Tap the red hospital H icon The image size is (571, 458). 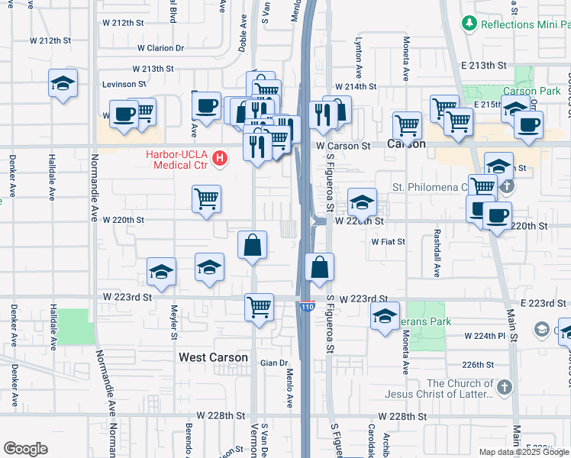point(221,159)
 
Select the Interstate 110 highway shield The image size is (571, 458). point(306,306)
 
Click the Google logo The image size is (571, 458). point(26,449)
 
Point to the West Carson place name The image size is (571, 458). point(213,357)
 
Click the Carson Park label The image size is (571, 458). point(532,91)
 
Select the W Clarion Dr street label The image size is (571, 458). point(158,47)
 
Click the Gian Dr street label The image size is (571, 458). point(273,363)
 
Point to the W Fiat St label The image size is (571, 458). point(388,241)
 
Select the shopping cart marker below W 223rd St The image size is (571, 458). point(260,308)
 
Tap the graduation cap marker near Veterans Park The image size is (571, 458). point(386,316)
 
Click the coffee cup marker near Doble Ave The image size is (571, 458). point(205,106)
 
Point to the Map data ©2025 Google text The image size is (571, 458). point(524,451)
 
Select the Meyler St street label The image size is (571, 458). point(174,323)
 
